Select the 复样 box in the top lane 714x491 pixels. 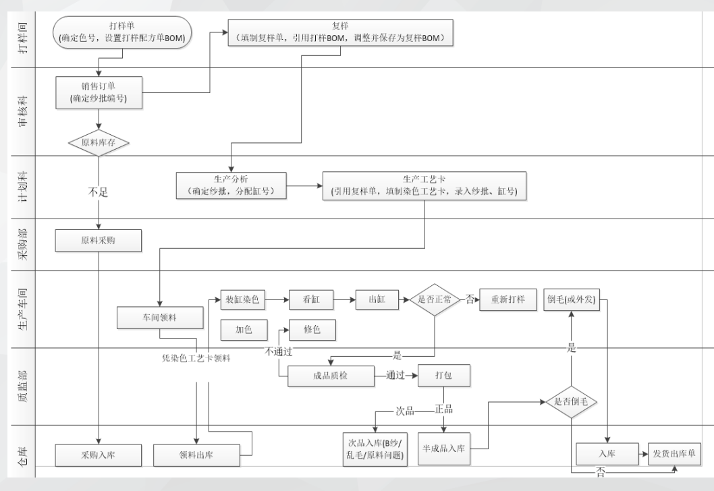pyautogui.click(x=340, y=32)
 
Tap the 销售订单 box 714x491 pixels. pyautogui.click(x=99, y=92)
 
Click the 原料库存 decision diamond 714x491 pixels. pyautogui.click(x=99, y=142)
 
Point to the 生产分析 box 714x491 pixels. pyautogui.click(x=231, y=185)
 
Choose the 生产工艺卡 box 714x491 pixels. pyautogui.click(x=424, y=185)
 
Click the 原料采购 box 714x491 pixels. pyautogui.click(x=99, y=241)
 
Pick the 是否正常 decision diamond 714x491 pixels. pyautogui.click(x=435, y=299)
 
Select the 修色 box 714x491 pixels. pyautogui.click(x=312, y=330)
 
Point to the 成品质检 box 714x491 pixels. pyautogui.click(x=331, y=376)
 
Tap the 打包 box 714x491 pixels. pyautogui.click(x=443, y=376)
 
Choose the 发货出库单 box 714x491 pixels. pyautogui.click(x=676, y=455)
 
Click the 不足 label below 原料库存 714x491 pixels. pyautogui.click(x=99, y=192)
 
